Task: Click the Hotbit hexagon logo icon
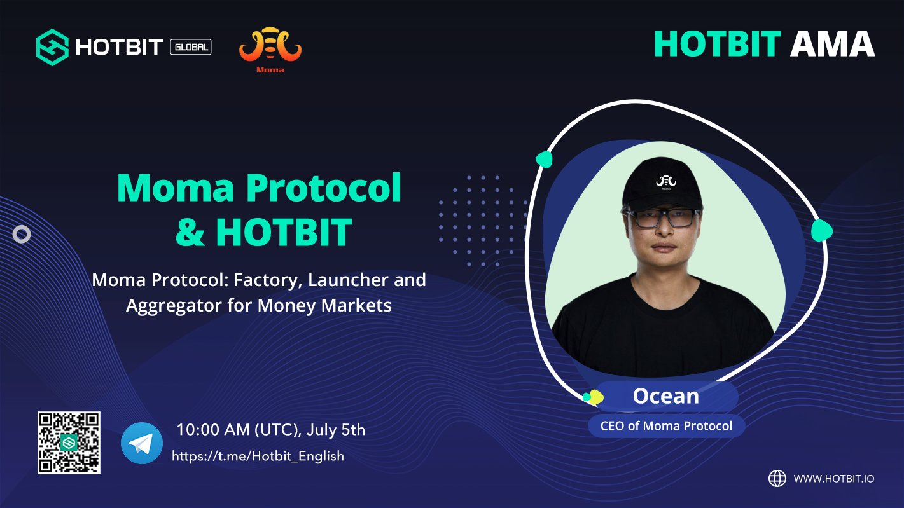click(52, 47)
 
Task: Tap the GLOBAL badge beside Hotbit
click(191, 47)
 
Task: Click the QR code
click(69, 443)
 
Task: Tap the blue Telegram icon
click(142, 443)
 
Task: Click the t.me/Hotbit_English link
click(258, 456)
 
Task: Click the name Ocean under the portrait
click(666, 396)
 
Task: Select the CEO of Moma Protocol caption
click(666, 426)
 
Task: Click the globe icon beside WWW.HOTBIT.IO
click(777, 479)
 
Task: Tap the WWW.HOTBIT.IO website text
click(834, 479)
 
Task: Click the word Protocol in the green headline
click(324, 188)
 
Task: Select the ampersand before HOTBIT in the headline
click(190, 232)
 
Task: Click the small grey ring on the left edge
click(22, 234)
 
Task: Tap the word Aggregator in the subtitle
click(174, 306)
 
